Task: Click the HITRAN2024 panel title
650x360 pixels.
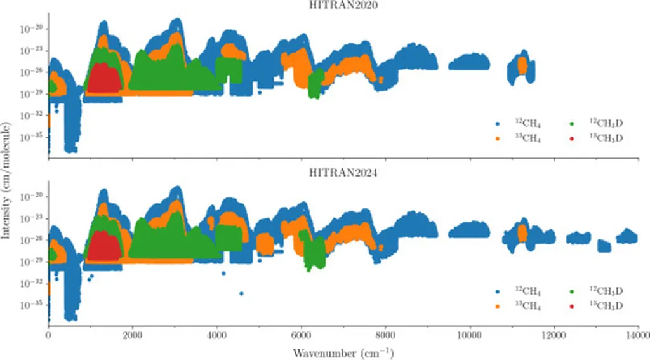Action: tap(343, 172)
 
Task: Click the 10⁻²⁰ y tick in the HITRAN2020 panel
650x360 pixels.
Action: tap(31, 29)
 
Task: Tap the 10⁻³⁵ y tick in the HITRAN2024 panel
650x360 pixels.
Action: tap(31, 304)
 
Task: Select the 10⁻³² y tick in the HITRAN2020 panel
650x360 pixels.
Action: tap(31, 115)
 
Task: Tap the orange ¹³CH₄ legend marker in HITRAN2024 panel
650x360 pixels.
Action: tap(497, 305)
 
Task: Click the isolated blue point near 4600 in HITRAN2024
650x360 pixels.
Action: tap(241, 293)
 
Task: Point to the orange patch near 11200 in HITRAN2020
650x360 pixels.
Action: tap(522, 65)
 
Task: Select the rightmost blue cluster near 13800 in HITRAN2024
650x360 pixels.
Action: tap(628, 236)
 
